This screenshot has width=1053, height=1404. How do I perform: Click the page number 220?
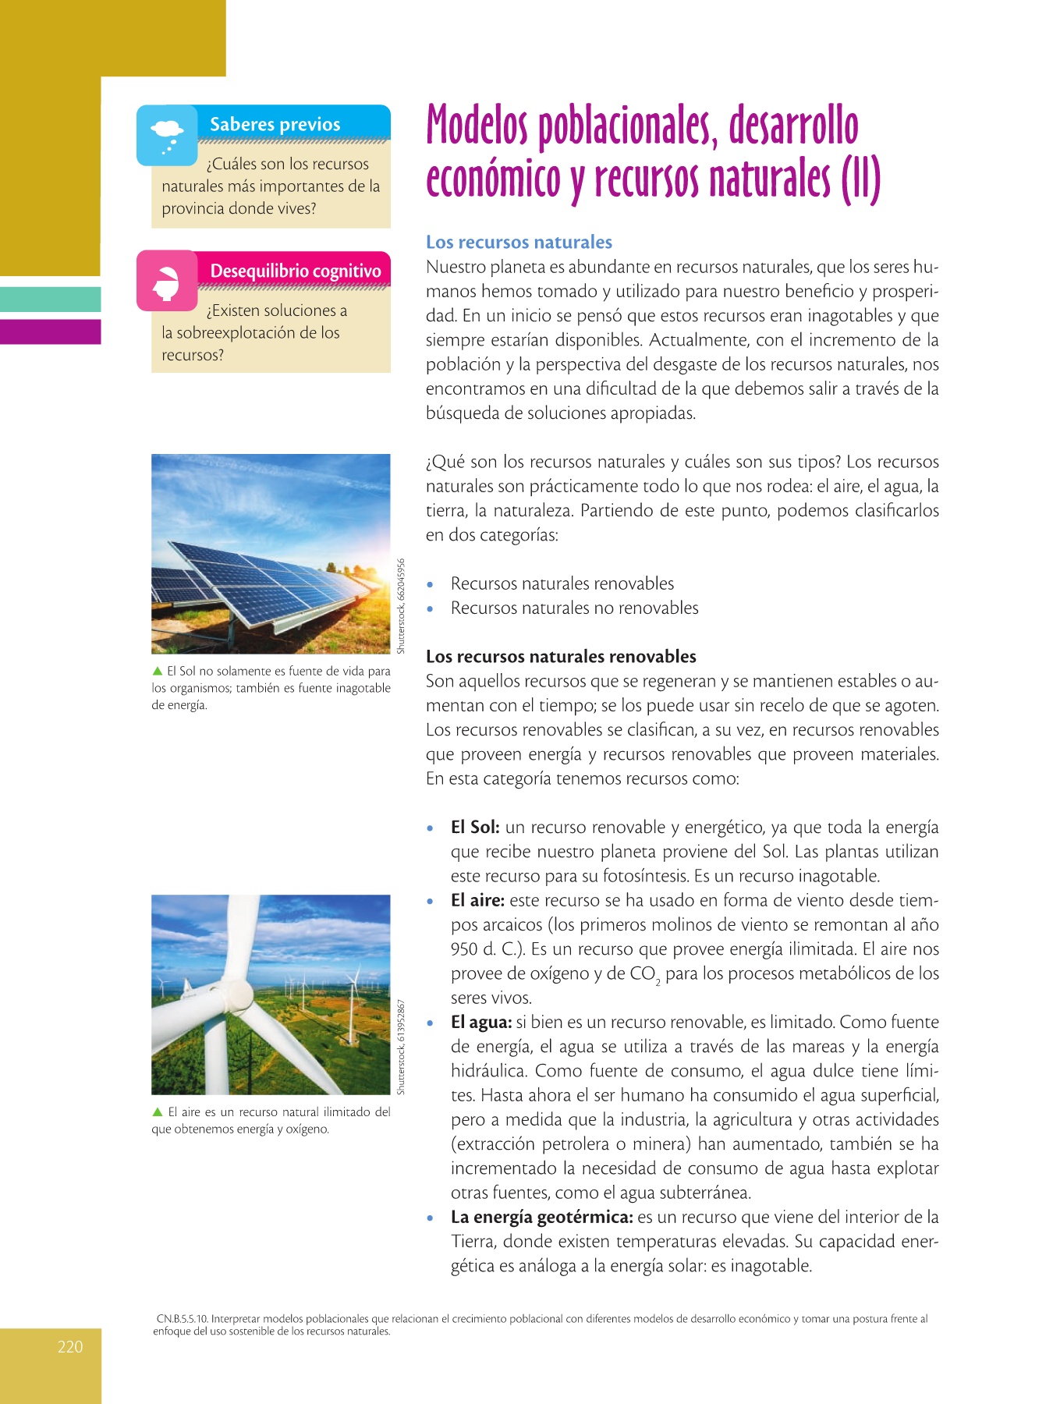point(70,1347)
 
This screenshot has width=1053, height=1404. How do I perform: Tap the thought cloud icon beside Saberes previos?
point(167,134)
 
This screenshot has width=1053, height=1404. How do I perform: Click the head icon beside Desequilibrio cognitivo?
point(166,281)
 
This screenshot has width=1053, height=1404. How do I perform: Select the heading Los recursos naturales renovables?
point(561,657)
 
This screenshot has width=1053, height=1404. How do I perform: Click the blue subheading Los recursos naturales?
point(519,243)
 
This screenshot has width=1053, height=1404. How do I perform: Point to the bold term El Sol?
point(475,828)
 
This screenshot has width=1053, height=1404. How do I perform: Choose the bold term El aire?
point(477,901)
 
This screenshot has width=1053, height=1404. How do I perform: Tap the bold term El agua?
point(480,1023)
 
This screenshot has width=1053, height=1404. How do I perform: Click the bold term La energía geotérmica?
point(541,1218)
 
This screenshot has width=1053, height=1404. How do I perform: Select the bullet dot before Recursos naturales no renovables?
point(430,609)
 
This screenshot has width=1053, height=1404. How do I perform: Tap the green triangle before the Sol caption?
point(158,671)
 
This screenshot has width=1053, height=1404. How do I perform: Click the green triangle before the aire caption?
point(158,1112)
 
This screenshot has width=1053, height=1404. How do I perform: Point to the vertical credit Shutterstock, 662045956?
point(401,606)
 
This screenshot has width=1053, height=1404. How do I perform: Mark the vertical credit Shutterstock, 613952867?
point(401,1047)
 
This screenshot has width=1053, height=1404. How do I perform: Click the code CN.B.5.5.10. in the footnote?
point(182,1319)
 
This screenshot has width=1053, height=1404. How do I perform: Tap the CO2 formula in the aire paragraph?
point(645,975)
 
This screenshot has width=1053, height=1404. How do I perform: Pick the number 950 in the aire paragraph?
point(464,950)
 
